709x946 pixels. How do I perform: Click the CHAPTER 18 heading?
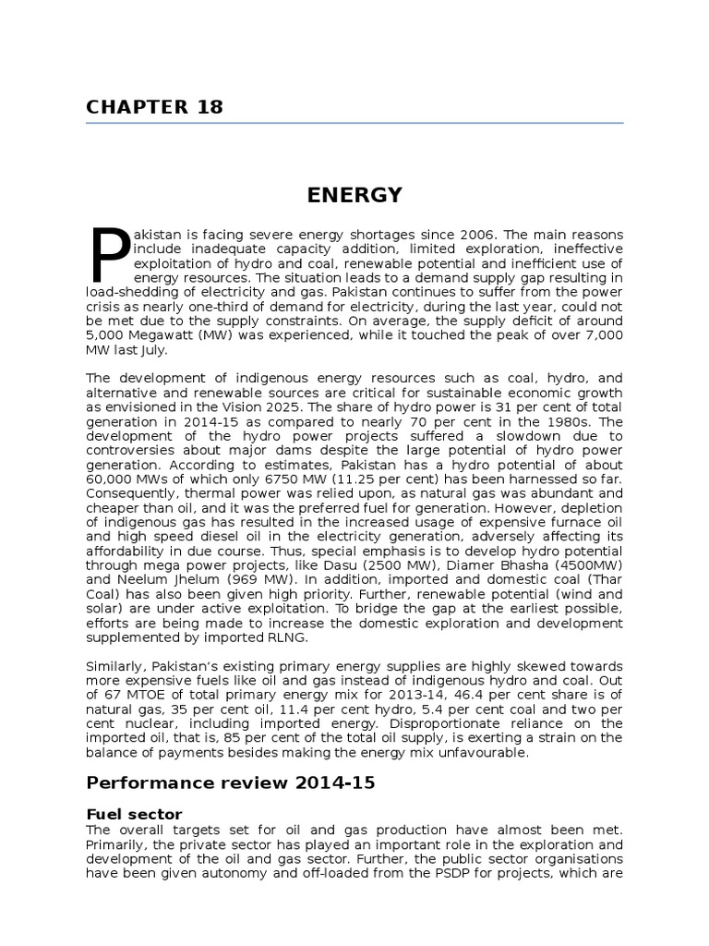[x=154, y=106]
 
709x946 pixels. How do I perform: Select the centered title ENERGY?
[x=354, y=195]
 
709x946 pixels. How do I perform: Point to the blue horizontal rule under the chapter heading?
[x=354, y=123]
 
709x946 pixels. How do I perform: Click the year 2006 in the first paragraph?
[x=459, y=235]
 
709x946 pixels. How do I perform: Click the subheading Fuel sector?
[x=134, y=814]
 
